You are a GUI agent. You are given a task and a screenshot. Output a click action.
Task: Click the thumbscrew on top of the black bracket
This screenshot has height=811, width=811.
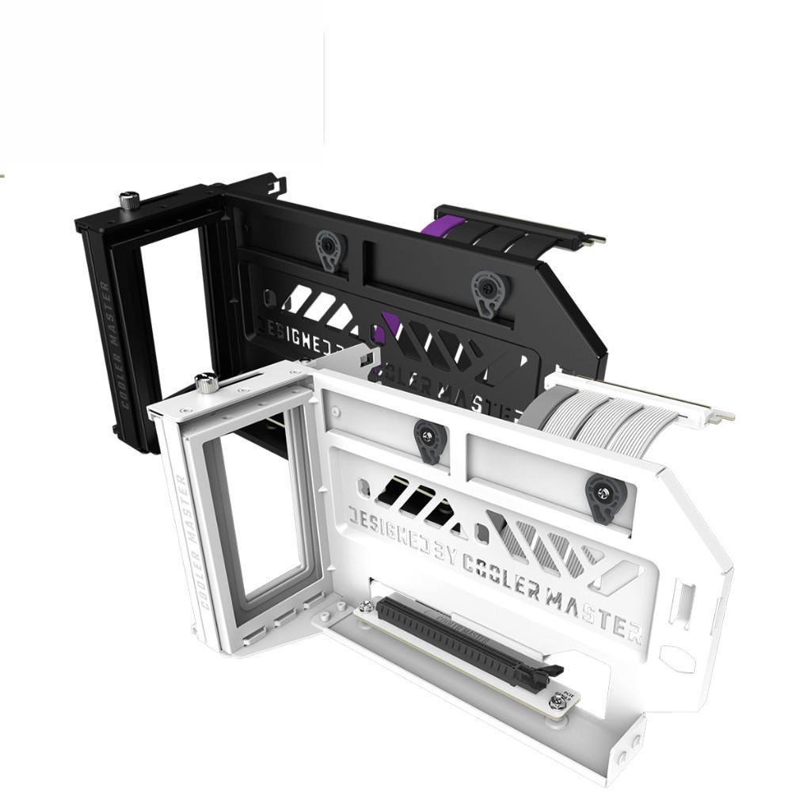coord(126,200)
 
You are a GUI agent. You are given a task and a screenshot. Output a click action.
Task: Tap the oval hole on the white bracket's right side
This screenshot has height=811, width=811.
coord(676,658)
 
